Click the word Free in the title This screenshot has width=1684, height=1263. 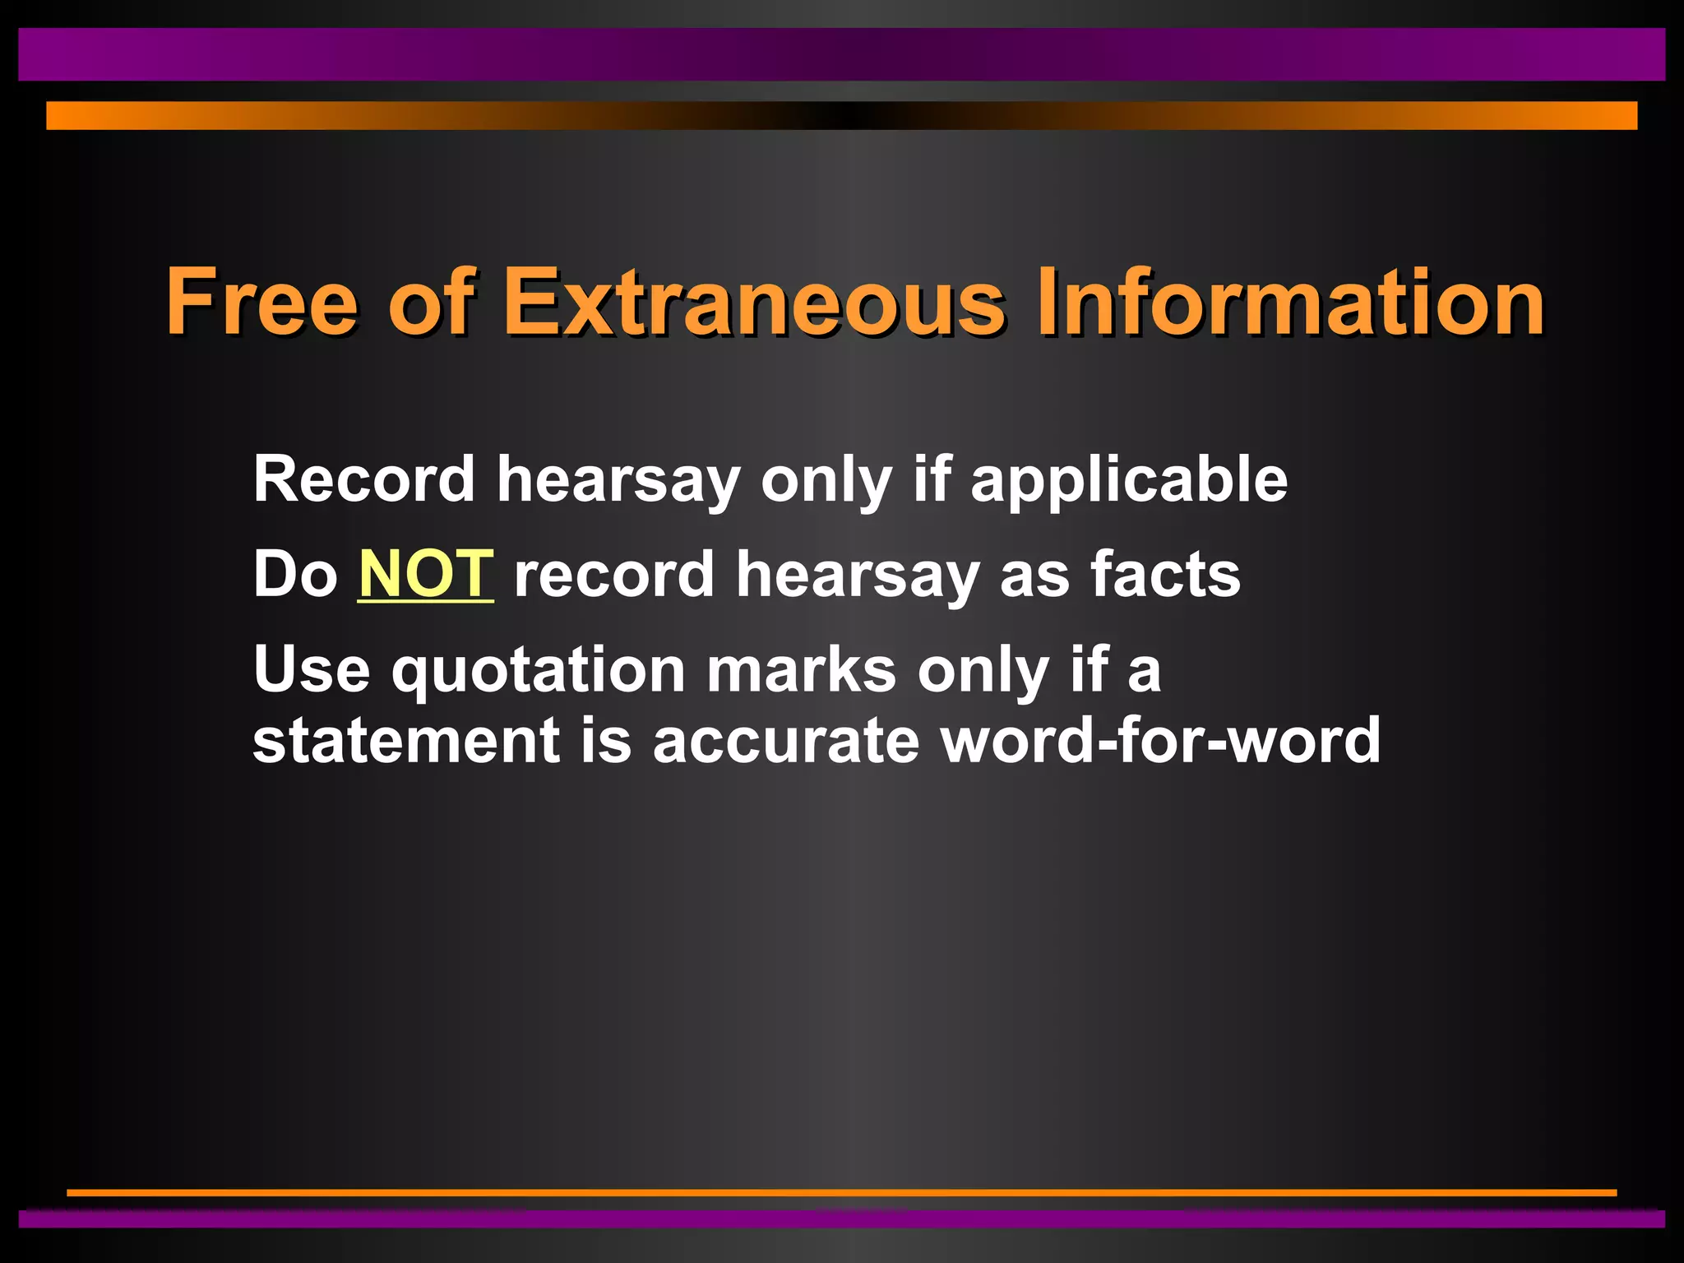coord(261,302)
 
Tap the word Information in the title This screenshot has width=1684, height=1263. coord(1290,302)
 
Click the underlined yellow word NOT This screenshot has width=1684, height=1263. coord(426,574)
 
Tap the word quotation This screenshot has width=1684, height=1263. coord(539,669)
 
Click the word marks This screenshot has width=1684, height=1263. coord(802,669)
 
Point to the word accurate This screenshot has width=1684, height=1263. coord(785,741)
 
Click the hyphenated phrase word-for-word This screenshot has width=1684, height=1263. coord(1160,741)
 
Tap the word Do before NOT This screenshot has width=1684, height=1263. coord(295,574)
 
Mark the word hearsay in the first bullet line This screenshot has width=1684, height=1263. coord(618,479)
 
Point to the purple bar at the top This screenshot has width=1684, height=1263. coord(842,54)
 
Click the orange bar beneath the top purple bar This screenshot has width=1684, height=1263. coord(842,115)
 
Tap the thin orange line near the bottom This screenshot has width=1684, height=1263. coord(842,1192)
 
